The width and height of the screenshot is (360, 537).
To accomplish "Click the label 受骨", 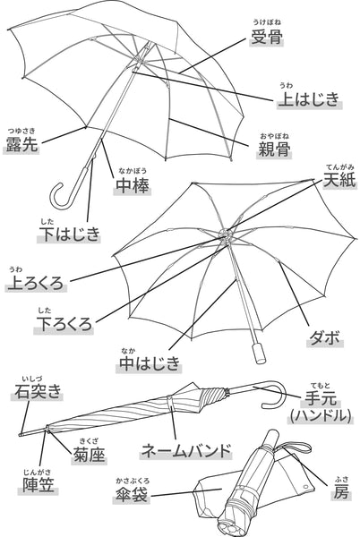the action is [267, 37].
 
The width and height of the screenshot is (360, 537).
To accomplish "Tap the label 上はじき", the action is [309, 99].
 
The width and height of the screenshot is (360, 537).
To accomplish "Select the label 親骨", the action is [274, 149].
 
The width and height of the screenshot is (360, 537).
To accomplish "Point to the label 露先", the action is [21, 144].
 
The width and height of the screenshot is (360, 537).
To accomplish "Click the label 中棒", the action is [133, 186].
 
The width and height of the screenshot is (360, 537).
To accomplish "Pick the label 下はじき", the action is [69, 234].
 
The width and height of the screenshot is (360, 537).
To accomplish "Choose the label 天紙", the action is [339, 179].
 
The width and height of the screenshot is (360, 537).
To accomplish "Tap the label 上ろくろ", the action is [36, 283].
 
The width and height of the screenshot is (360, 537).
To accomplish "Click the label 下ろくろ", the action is [64, 324].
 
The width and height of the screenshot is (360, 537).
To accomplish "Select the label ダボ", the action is [324, 337].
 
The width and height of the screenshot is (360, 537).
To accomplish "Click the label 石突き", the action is [38, 391].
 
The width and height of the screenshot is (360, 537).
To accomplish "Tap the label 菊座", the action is [89, 455].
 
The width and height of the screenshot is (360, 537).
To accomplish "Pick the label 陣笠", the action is [39, 484].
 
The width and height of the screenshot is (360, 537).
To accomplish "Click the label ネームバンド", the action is [186, 451].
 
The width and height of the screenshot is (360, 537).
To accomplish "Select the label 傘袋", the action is [131, 495].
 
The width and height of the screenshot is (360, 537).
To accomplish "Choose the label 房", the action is [341, 491].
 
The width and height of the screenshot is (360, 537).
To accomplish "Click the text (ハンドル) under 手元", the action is [321, 416].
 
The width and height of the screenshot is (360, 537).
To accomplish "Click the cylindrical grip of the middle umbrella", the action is [259, 353].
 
